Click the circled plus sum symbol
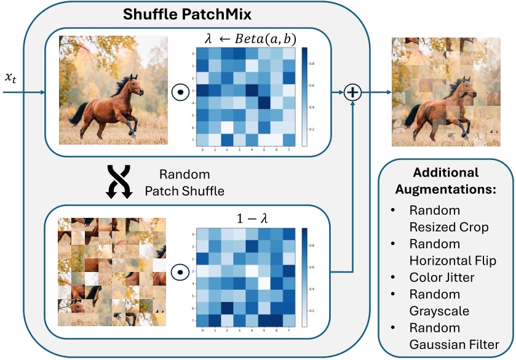(x=353, y=93)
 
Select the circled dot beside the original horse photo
(x=181, y=93)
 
